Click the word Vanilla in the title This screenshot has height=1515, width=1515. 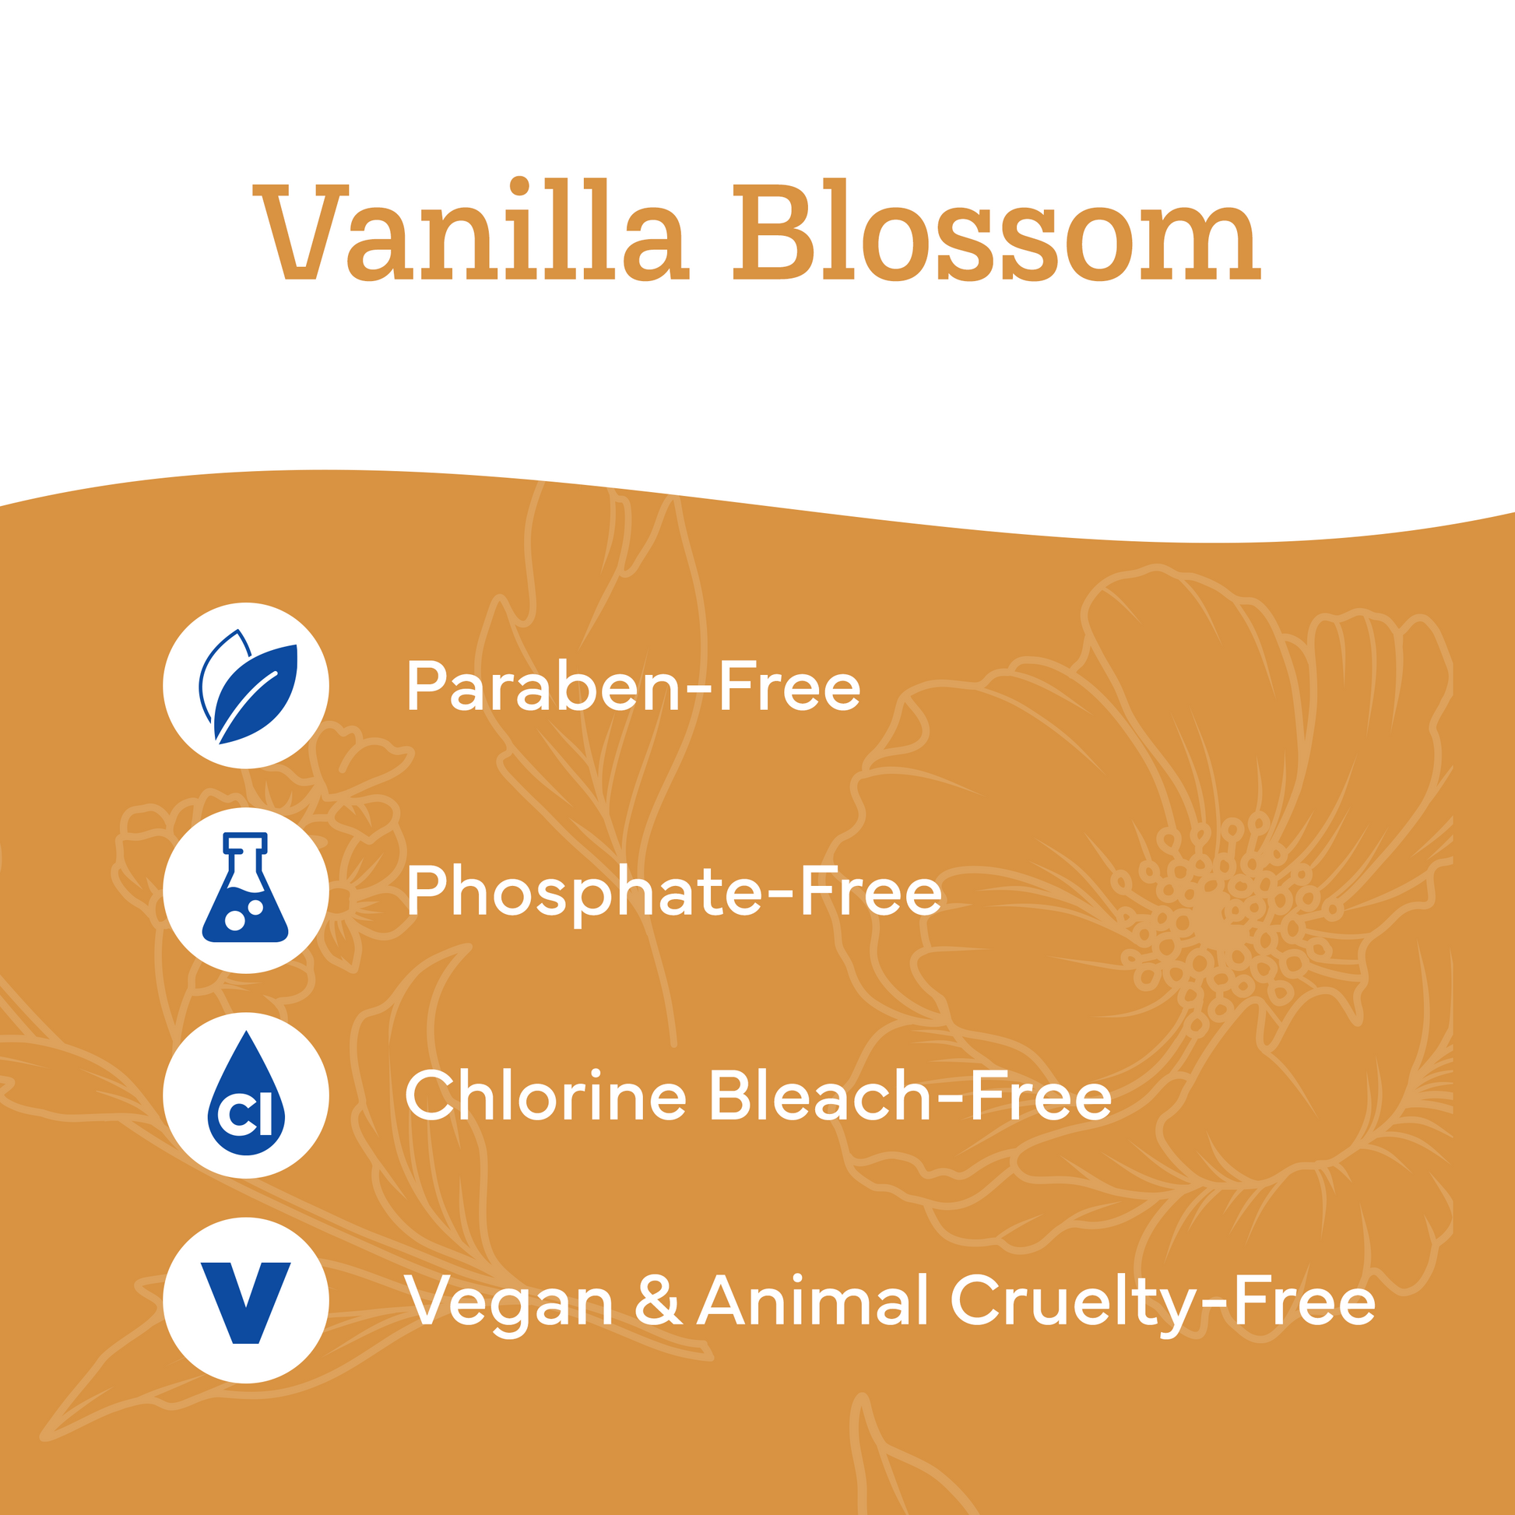click(470, 229)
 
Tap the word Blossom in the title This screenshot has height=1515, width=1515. click(997, 229)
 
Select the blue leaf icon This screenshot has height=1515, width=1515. click(248, 686)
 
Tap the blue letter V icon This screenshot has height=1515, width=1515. click(245, 1302)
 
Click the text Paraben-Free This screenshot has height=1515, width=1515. click(634, 686)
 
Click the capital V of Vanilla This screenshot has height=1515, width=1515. click(301, 231)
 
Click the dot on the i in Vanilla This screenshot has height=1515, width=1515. click(519, 185)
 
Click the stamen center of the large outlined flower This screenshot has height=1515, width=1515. click(1211, 917)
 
